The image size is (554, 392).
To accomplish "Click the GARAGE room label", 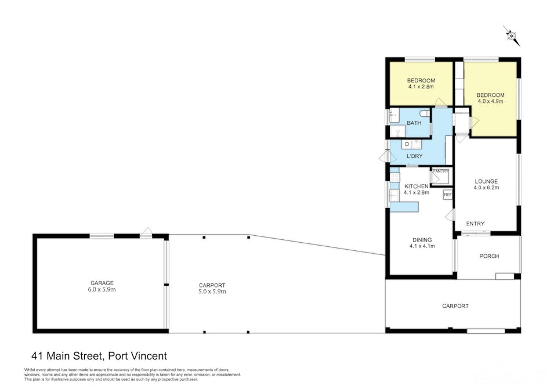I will click(x=102, y=283).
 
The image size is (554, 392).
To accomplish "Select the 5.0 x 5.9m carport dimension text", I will click(x=212, y=292).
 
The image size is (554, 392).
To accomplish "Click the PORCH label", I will click(x=488, y=256).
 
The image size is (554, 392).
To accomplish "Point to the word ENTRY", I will click(x=475, y=224).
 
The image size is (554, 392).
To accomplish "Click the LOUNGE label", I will click(x=486, y=181).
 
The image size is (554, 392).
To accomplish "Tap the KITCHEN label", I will click(x=416, y=186).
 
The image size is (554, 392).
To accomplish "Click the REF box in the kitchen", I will click(x=447, y=195).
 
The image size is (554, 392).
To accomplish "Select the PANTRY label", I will click(x=440, y=171).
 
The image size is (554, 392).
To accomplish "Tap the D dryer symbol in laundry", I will click(x=407, y=143).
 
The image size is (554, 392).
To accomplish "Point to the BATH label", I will click(x=414, y=123).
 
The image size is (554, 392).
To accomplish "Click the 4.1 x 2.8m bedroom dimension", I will click(x=421, y=87).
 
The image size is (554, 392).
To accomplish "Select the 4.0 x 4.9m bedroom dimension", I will click(x=490, y=101).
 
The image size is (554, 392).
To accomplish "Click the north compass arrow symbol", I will click(x=511, y=36).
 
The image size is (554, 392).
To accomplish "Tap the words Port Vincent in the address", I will click(x=136, y=355).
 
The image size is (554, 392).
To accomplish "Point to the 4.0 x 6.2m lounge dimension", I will click(x=486, y=188).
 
